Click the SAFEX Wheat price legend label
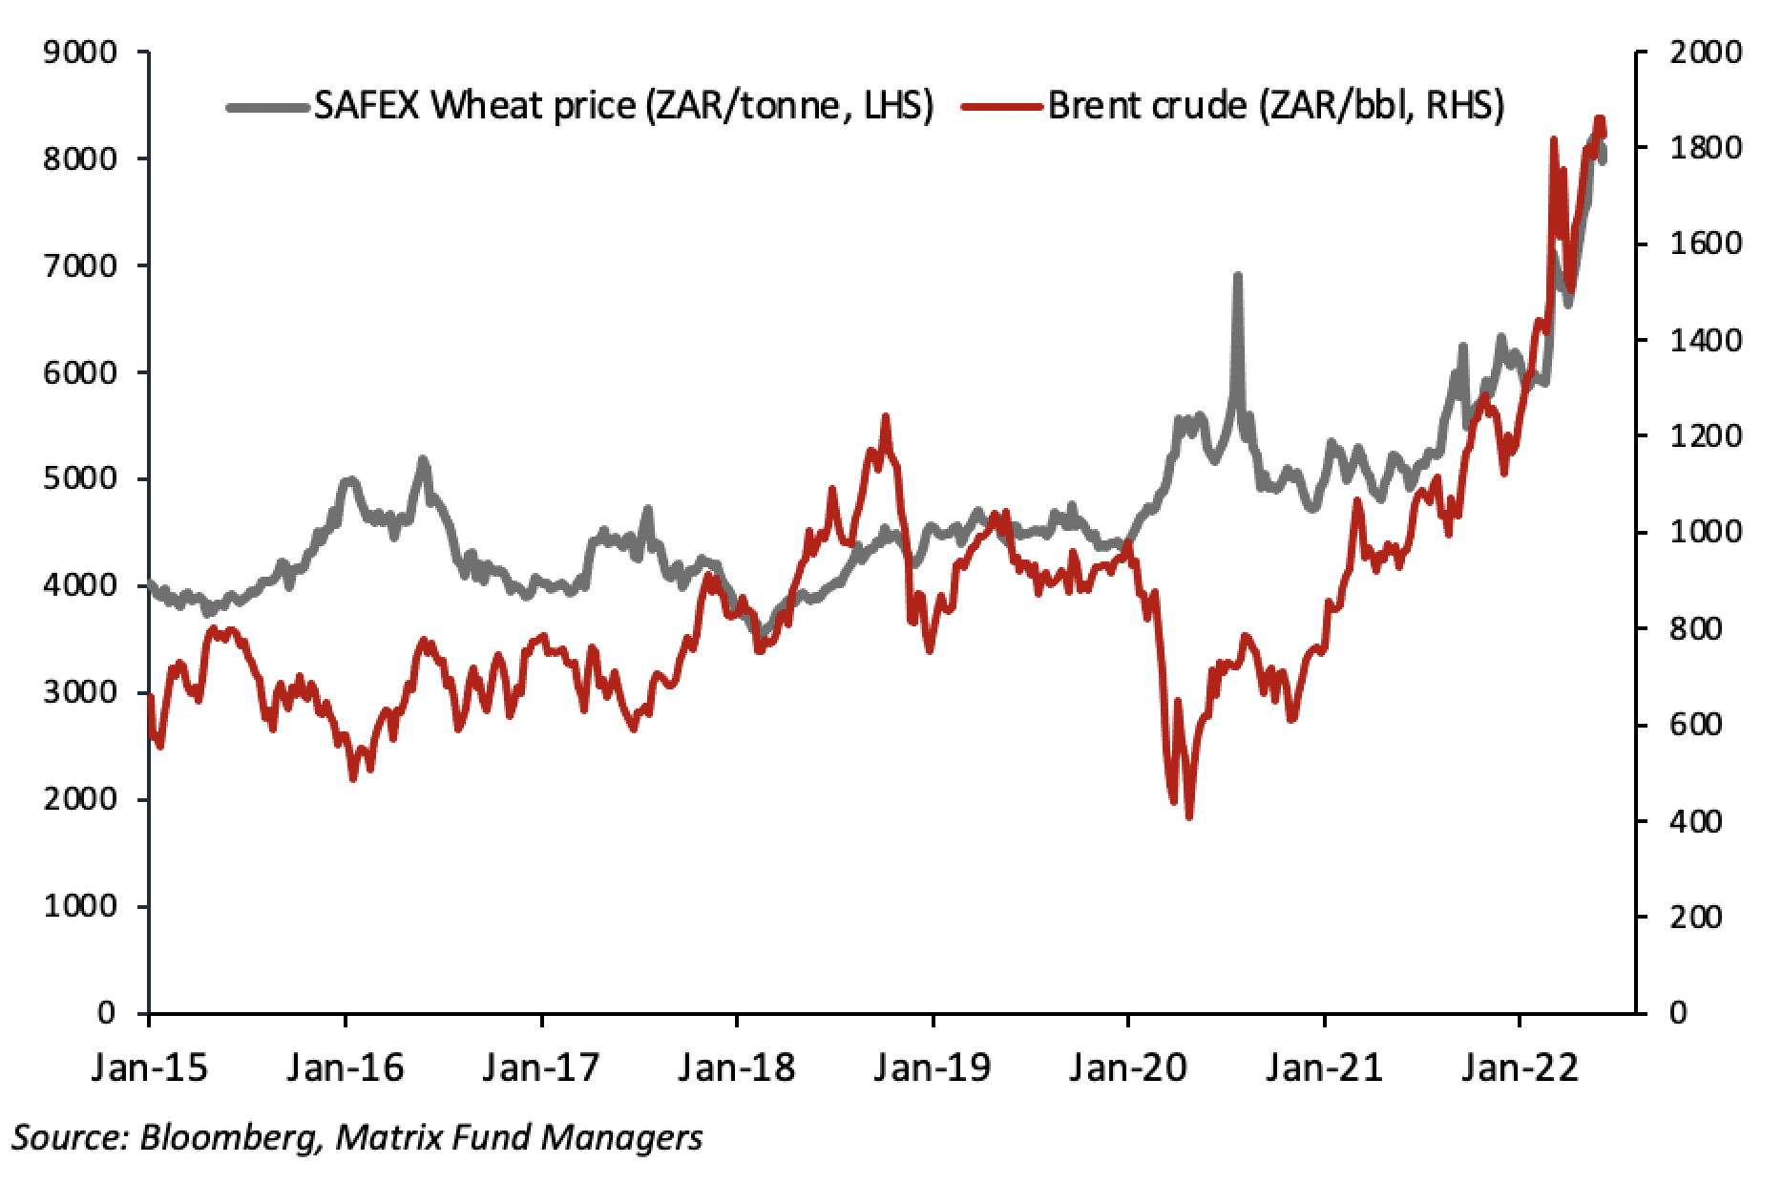(x=621, y=106)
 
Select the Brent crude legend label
(x=1276, y=106)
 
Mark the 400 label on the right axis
(x=1695, y=822)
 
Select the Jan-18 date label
(x=736, y=1066)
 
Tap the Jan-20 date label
(x=1127, y=1066)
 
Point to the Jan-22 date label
(x=1520, y=1066)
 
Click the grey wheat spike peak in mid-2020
(x=1237, y=276)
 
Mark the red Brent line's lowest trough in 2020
(x=1189, y=816)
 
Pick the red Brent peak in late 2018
(x=885, y=416)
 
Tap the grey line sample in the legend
(x=268, y=106)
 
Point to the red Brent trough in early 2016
(x=353, y=778)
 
